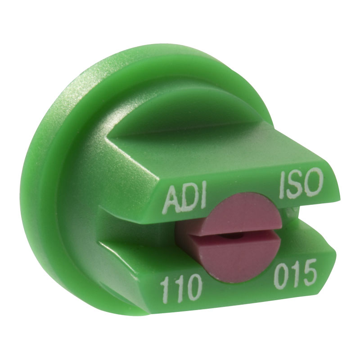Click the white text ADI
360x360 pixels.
click(x=184, y=198)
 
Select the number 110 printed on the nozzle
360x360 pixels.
click(x=181, y=288)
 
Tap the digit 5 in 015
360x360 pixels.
click(x=309, y=269)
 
